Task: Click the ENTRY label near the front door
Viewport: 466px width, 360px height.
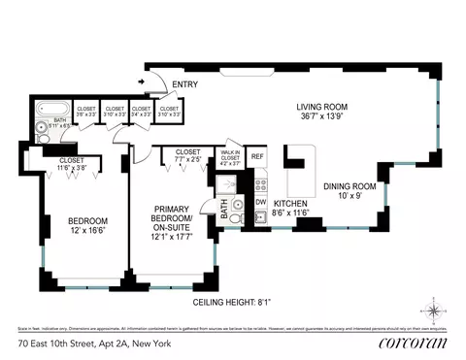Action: [x=185, y=84]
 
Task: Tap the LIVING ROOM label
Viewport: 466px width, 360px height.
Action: [x=322, y=112]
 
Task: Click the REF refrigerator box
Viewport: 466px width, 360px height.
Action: [x=257, y=155]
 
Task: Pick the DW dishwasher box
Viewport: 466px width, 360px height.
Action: [x=259, y=202]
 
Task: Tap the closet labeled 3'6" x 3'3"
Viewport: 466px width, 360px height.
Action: [x=86, y=112]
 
